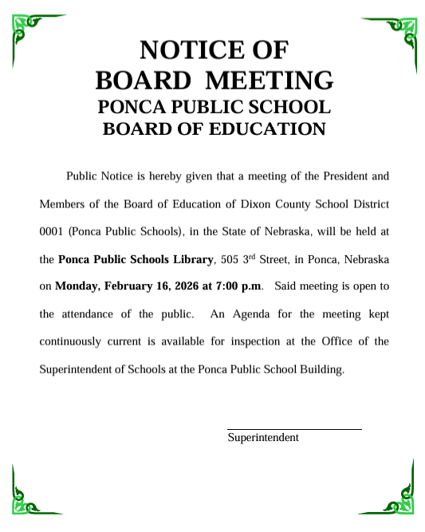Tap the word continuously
click(x=70, y=341)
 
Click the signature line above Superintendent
click(x=294, y=429)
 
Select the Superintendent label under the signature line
click(x=263, y=438)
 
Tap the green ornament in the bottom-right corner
click(x=399, y=498)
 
